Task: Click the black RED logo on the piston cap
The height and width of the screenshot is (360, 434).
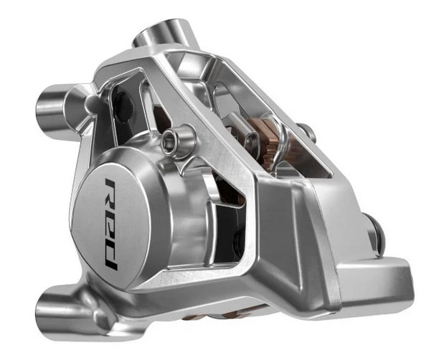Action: coord(111,224)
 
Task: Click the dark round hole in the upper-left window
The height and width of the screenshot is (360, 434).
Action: coord(123,107)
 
